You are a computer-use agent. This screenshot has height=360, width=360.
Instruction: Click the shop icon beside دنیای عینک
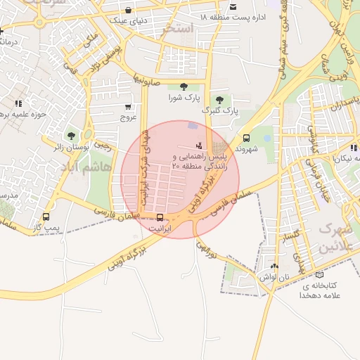(128, 11)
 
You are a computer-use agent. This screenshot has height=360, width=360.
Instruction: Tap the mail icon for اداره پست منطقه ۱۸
(233, 7)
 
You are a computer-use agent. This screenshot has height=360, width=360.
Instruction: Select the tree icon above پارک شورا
(184, 86)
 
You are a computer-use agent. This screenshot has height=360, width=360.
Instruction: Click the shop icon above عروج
(127, 108)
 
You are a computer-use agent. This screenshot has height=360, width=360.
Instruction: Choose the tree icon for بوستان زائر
(70, 136)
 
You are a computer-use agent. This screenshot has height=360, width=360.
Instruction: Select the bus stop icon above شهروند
(245, 139)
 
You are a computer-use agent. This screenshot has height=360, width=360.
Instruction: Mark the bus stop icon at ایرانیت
(160, 217)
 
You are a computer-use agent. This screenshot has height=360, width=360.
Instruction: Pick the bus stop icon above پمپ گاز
(46, 217)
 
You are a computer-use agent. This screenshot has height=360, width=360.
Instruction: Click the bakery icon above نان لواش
(274, 267)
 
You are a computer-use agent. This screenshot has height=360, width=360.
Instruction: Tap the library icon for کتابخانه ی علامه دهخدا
(320, 275)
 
